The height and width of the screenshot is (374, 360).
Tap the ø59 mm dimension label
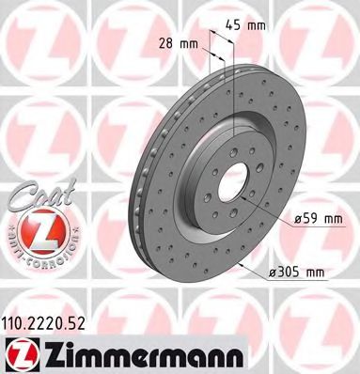click(314, 219)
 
